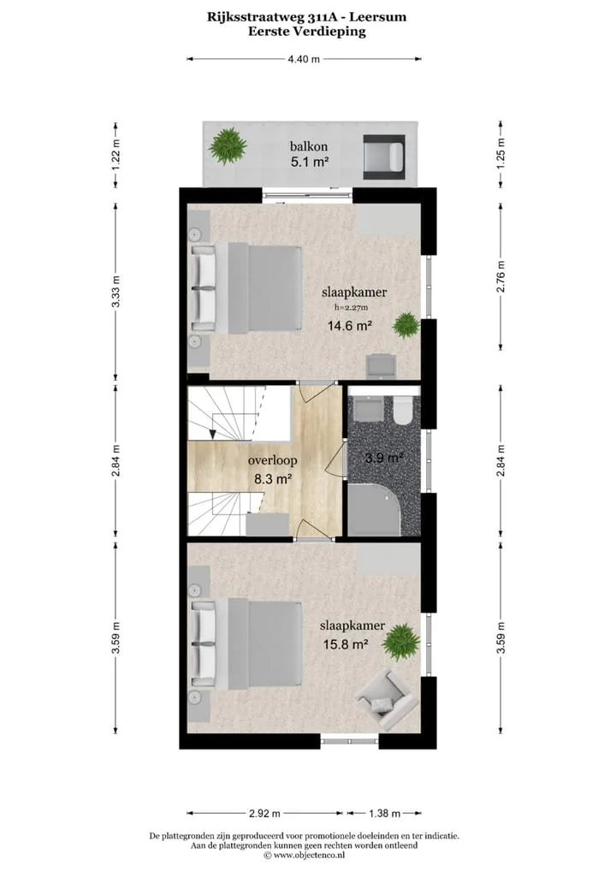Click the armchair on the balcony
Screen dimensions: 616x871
tap(383, 157)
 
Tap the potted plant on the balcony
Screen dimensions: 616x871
tap(228, 144)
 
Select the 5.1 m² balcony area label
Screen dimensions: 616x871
tap(310, 163)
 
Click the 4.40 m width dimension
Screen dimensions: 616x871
tap(304, 59)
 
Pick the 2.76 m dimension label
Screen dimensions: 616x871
tap(501, 277)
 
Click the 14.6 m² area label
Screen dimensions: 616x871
tap(349, 325)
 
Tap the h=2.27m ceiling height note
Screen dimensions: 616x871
tap(352, 306)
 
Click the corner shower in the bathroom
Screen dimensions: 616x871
tap(374, 509)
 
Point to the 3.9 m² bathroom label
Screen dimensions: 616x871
tap(384, 459)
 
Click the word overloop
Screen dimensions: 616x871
tap(272, 460)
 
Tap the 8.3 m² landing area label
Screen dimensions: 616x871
tap(273, 479)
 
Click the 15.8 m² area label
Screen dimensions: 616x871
tap(346, 644)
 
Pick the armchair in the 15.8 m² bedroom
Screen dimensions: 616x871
tap(386, 700)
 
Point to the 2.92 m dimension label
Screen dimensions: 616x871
tap(264, 814)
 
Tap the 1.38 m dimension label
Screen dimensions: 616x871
tap(384, 814)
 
